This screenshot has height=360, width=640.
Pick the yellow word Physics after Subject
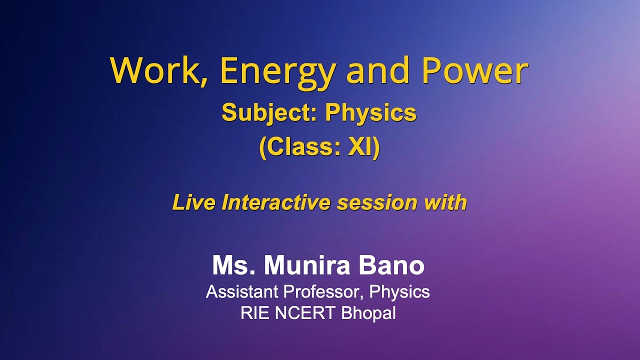pyautogui.click(x=370, y=113)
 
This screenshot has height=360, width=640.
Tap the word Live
pyautogui.click(x=194, y=202)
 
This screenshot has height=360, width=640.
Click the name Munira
pyautogui.click(x=307, y=265)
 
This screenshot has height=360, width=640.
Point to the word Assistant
pyautogui.click(x=242, y=291)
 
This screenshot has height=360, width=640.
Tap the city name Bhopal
pyautogui.click(x=368, y=313)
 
